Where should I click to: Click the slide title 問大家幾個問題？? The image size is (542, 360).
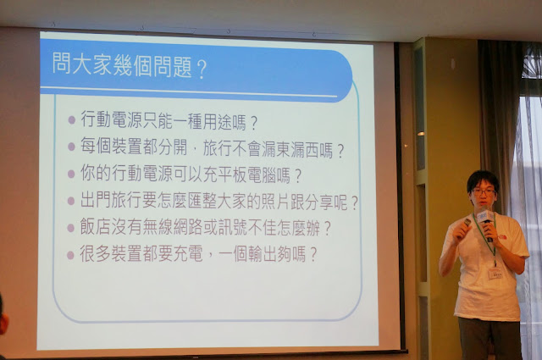[130, 65]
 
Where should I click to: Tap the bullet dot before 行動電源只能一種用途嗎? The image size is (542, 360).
[72, 120]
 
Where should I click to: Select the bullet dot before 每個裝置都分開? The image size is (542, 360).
[71, 147]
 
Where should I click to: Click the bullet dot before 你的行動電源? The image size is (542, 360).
[71, 174]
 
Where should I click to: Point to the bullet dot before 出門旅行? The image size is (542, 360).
[71, 201]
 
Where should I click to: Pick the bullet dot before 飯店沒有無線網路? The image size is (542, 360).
[70, 228]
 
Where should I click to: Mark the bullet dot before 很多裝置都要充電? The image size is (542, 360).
[70, 255]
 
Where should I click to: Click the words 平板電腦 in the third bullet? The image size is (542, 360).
[246, 175]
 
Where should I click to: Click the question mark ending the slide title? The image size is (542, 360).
[202, 69]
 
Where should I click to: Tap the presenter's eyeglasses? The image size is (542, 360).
[484, 191]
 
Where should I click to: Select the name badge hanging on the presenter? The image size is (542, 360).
[495, 273]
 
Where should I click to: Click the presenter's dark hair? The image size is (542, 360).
[483, 179]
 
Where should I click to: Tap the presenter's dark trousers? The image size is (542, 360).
[489, 339]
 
